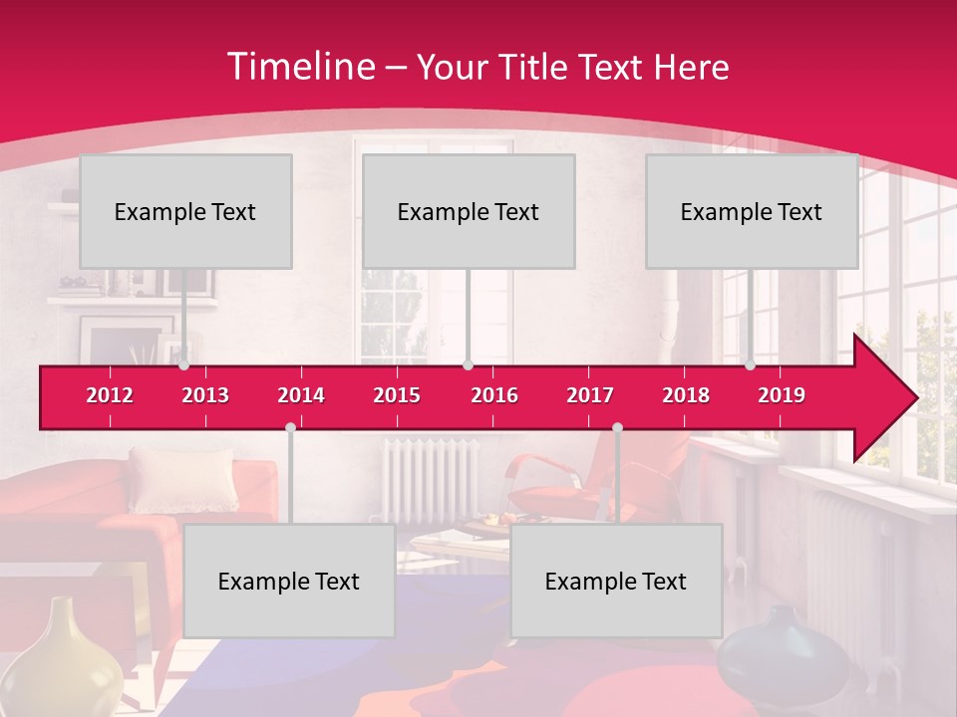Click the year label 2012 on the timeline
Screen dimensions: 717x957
click(110, 395)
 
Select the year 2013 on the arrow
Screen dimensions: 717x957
click(205, 395)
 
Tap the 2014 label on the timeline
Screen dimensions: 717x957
click(301, 395)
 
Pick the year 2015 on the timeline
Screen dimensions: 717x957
click(397, 395)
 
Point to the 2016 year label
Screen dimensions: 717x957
click(494, 395)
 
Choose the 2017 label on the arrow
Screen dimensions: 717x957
click(590, 395)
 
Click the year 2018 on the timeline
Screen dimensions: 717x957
click(686, 395)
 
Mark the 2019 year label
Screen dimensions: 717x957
click(782, 395)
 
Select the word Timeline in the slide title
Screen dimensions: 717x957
click(301, 67)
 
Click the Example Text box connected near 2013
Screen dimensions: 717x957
click(185, 211)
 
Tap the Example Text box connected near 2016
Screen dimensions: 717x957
click(469, 211)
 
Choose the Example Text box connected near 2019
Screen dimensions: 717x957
click(752, 211)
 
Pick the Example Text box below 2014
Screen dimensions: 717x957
click(289, 581)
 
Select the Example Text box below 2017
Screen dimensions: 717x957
click(616, 581)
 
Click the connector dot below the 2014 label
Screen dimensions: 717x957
click(290, 427)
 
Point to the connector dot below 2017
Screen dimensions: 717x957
click(617, 427)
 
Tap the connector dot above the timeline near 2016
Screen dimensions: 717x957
click(468, 365)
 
